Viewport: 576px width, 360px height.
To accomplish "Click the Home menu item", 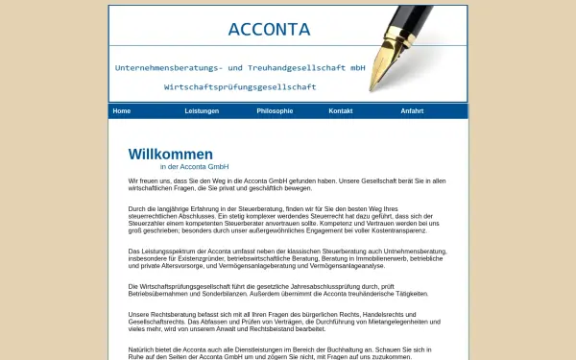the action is pos(121,111).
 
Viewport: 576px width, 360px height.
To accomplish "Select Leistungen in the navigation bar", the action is pos(202,111).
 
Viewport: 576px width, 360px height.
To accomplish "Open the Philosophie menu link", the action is pos(275,111).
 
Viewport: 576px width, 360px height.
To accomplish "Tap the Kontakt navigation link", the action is pos(341,111).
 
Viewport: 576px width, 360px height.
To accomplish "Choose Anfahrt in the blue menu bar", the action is pos(412,111).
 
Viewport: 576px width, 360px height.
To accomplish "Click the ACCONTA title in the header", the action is pos(269,30).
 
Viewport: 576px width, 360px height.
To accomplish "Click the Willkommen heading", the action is pos(171,154).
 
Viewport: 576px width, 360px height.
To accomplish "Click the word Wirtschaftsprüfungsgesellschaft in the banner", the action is pos(240,86).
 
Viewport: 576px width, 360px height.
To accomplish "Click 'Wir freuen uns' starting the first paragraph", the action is pos(145,180).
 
